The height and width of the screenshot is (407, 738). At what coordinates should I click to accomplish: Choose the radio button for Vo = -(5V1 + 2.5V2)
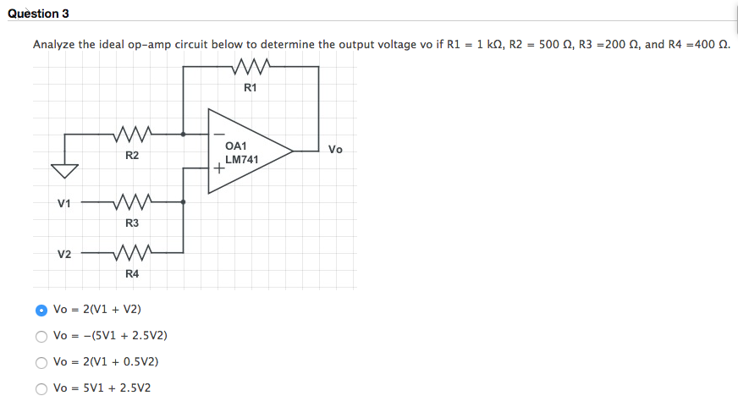tap(41, 336)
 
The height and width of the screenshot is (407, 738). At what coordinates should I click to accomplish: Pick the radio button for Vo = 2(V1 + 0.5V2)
tap(41, 362)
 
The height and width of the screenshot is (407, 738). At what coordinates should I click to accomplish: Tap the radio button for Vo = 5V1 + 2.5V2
tap(41, 388)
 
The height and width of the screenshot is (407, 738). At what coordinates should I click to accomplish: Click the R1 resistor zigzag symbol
tap(251, 67)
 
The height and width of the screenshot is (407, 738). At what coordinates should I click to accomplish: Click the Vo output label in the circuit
tap(335, 150)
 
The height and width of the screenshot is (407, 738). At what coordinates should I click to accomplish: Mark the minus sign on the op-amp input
tap(218, 134)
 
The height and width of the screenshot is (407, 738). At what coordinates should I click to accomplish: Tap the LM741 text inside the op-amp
tap(242, 159)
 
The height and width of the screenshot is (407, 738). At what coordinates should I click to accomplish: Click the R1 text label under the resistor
tap(251, 87)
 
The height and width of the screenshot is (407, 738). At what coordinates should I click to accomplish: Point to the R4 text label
tap(132, 273)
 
